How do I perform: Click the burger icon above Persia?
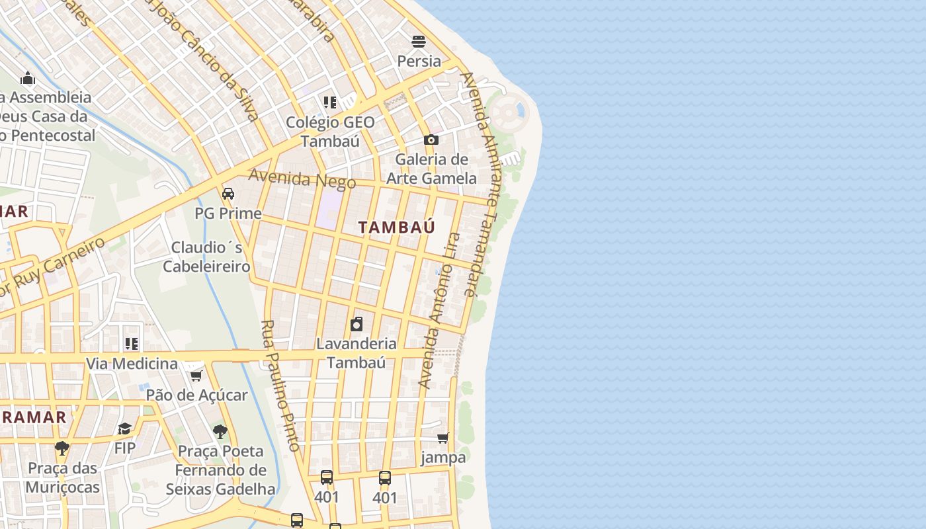pyautogui.click(x=418, y=42)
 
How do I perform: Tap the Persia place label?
pyautogui.click(x=419, y=61)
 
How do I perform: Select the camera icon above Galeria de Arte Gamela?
pyautogui.click(x=431, y=140)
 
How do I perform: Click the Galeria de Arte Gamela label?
pyautogui.click(x=431, y=169)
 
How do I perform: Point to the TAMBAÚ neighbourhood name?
pyautogui.click(x=397, y=227)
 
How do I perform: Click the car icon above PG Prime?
pyautogui.click(x=228, y=194)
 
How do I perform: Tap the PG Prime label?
pyautogui.click(x=228, y=214)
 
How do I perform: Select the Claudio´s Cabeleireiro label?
pyautogui.click(x=206, y=257)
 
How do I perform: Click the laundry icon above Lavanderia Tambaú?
pyautogui.click(x=357, y=324)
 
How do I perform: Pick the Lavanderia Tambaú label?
pyautogui.click(x=357, y=352)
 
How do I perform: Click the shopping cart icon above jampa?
pyautogui.click(x=443, y=438)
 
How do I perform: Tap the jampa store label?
pyautogui.click(x=443, y=457)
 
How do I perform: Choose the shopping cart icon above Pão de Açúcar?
pyautogui.click(x=196, y=376)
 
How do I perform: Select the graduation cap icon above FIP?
pyautogui.click(x=125, y=429)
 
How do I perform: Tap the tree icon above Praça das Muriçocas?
pyautogui.click(x=62, y=448)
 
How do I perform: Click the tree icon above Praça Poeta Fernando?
pyautogui.click(x=220, y=432)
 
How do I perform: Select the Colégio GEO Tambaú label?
pyautogui.click(x=330, y=132)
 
